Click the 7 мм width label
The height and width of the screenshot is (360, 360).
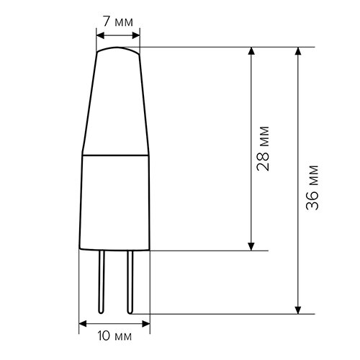117,22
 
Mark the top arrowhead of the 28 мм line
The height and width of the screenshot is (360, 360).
251,53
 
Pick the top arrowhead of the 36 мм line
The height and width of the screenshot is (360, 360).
298,53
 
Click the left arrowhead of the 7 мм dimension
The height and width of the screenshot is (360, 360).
99,32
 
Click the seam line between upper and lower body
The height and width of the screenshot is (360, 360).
115,155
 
